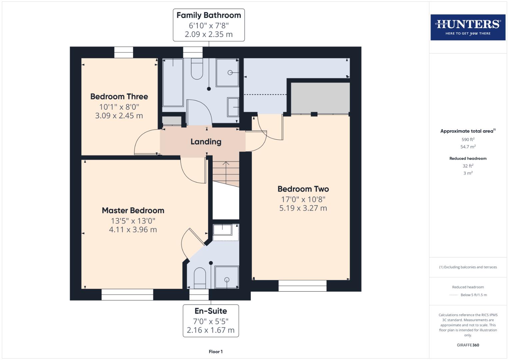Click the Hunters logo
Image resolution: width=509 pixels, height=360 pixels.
468,27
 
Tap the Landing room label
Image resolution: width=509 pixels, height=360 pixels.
206,142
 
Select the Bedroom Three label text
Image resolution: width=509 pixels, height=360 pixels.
119,97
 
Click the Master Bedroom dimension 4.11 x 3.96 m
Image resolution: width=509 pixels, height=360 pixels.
133,230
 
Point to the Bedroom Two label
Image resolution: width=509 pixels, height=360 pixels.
303,189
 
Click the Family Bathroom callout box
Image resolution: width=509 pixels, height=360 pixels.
209,25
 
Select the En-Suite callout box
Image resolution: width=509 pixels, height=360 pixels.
211,320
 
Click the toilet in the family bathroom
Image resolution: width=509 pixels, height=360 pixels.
197,69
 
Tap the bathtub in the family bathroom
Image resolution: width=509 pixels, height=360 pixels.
173,82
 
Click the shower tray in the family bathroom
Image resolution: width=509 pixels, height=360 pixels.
227,72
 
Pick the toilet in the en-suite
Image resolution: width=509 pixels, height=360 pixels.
200,277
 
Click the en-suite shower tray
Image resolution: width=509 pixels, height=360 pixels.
227,277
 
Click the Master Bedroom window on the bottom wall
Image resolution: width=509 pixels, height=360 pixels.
127,294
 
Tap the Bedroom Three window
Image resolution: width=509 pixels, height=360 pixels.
124,52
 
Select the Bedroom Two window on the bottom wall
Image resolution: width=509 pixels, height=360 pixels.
302,286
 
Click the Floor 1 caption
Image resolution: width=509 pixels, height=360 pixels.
216,352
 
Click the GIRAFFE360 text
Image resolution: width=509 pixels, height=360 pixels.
468,345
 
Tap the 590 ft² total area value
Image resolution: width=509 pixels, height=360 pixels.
468,139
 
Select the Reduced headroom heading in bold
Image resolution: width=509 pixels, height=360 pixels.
468,158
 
